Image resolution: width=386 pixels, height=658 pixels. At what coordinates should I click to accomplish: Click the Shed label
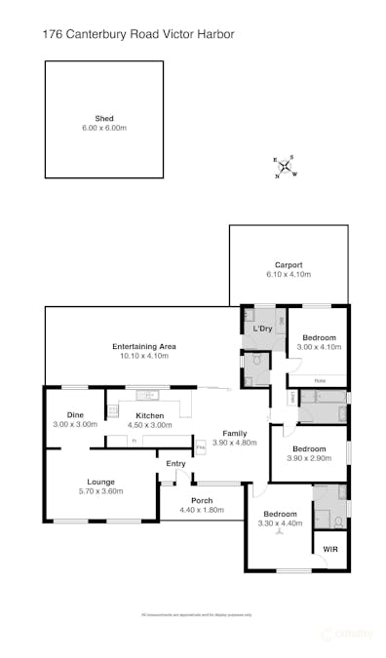tap(104, 117)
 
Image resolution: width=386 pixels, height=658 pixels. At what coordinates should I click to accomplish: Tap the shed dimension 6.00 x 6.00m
tap(104, 128)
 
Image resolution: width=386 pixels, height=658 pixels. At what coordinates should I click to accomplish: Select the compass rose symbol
tap(285, 167)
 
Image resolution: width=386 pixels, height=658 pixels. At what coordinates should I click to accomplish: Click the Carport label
tap(289, 264)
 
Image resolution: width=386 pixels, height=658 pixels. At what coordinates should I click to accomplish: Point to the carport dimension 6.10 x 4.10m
tap(289, 275)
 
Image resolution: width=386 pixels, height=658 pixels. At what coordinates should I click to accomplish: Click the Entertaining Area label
tap(143, 346)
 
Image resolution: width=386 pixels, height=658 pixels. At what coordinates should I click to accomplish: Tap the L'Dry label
tap(262, 329)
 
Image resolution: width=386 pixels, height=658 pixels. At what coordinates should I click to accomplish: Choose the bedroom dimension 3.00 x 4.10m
tap(318, 347)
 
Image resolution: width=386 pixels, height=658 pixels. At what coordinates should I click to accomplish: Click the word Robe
tap(319, 380)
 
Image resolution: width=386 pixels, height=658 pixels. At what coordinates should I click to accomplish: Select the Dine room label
tap(73, 415)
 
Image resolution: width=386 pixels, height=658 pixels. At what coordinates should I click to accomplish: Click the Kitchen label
tap(150, 415)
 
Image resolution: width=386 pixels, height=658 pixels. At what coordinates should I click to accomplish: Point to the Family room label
tap(234, 432)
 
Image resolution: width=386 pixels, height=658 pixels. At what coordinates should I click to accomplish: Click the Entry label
tap(175, 463)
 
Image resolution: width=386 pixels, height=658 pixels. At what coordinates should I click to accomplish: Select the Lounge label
tap(101, 482)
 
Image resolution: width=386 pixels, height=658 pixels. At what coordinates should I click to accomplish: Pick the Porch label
tap(202, 500)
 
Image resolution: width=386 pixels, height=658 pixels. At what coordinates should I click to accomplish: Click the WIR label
tap(329, 550)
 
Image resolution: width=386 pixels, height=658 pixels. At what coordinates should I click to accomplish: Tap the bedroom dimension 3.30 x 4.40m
tap(279, 523)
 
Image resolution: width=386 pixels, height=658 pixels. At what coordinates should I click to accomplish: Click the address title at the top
tap(138, 34)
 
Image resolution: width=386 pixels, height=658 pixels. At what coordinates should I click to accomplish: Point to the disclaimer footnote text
tap(197, 614)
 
